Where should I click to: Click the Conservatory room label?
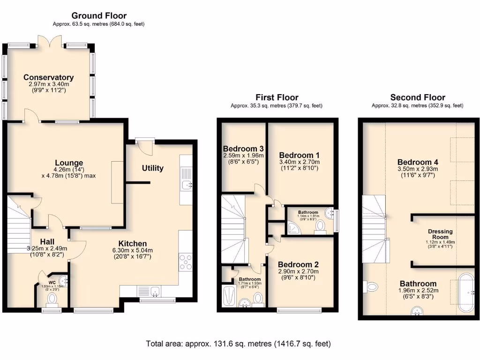click(49, 77)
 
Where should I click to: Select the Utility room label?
click(153, 168)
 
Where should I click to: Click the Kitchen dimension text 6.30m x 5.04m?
click(133, 250)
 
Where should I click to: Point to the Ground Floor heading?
click(98, 16)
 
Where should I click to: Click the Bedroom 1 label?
click(299, 155)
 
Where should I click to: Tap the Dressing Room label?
click(440, 234)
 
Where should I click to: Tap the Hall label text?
click(47, 241)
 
